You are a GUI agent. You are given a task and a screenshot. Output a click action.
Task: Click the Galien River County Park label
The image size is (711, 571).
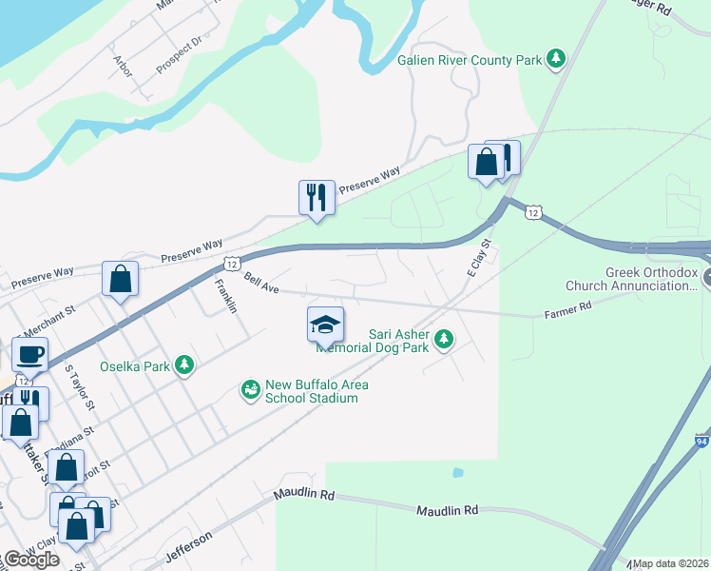pos(469,60)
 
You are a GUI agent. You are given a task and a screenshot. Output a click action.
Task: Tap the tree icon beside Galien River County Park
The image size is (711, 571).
pos(556,60)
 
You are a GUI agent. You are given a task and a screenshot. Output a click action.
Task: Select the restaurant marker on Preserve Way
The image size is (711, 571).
pos(317,198)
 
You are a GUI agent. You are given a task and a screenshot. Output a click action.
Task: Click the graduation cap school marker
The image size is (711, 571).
pos(325,325)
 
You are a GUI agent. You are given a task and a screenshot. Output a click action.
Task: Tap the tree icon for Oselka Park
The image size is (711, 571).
pos(184,364)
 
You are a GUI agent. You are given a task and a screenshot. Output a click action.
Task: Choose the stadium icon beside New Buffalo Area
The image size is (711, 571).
pos(251,390)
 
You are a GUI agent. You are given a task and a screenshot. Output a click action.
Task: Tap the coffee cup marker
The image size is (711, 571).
pos(29,355)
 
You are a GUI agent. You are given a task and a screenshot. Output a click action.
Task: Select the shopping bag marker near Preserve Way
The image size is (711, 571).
pos(121,280)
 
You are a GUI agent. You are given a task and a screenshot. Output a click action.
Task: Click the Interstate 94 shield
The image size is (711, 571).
pos(701,441)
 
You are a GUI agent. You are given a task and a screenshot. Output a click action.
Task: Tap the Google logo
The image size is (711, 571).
pos(30,560)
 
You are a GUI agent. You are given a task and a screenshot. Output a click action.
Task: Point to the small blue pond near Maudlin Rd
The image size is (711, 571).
pos(458,472)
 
